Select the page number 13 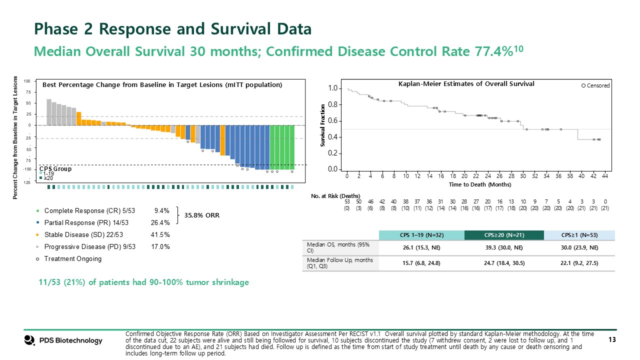[x=611, y=340]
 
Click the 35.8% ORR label [x=202, y=216]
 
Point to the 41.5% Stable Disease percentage [x=160, y=234]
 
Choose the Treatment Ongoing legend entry [x=72, y=258]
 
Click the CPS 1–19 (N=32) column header [x=421, y=235]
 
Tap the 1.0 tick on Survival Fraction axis [x=331, y=88]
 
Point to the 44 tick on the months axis [x=605, y=176]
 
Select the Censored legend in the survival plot [x=595, y=85]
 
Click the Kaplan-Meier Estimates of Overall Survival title [x=466, y=84]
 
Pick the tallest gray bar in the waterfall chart [x=49, y=112]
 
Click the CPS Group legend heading [x=55, y=169]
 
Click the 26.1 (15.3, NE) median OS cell [x=421, y=248]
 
